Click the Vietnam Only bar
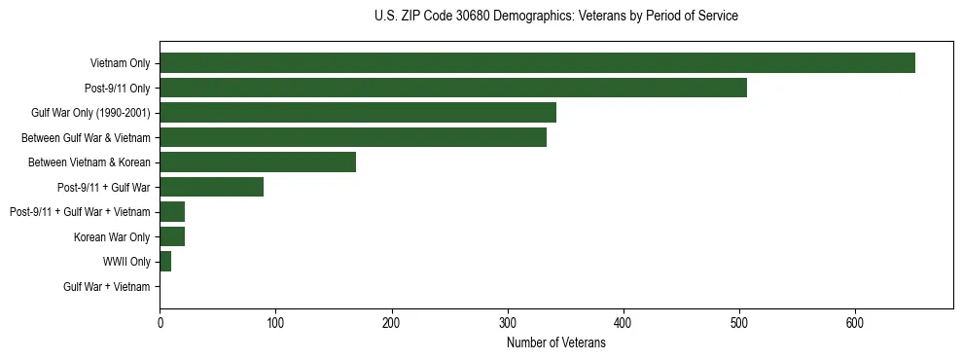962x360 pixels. click(537, 63)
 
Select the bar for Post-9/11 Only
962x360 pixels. click(453, 88)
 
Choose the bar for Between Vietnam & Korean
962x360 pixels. click(258, 162)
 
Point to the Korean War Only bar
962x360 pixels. click(172, 236)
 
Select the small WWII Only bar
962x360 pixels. click(165, 261)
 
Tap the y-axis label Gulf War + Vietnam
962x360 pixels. click(107, 286)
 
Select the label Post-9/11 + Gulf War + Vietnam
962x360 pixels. click(80, 212)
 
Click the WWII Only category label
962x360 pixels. click(126, 262)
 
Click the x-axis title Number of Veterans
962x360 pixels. click(555, 343)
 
